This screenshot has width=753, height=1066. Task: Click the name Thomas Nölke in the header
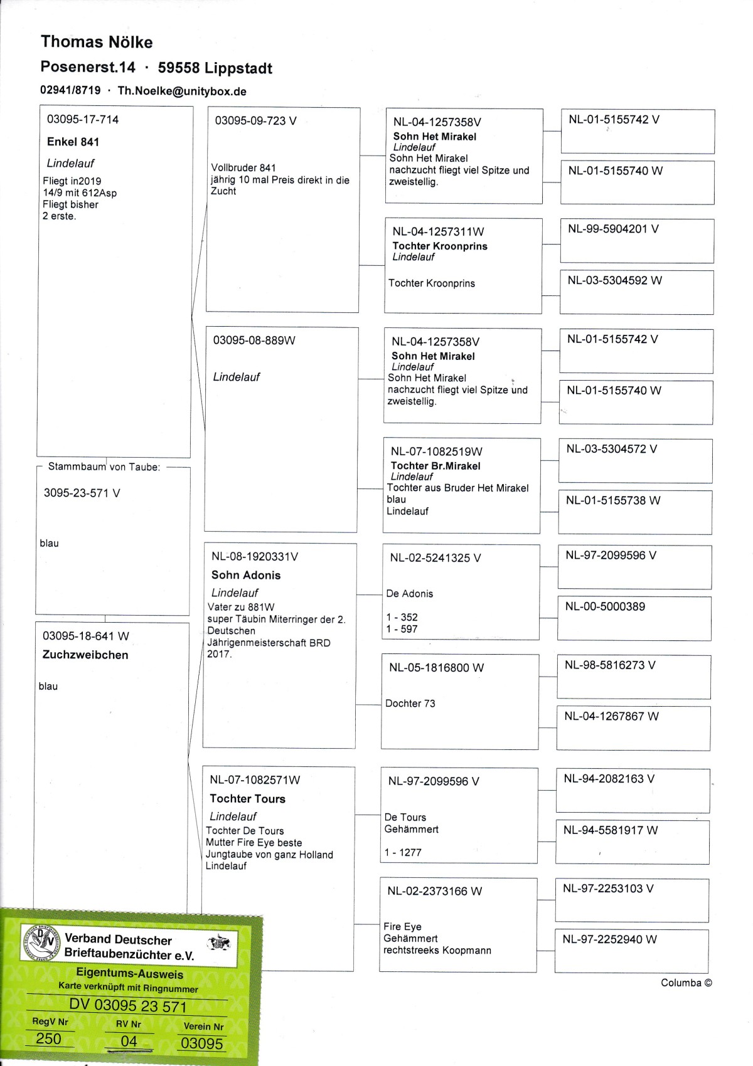tap(97, 42)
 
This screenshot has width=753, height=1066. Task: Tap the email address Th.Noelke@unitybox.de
tap(182, 91)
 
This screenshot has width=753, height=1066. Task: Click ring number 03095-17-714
tap(83, 119)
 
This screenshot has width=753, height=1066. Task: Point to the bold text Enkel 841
tap(73, 142)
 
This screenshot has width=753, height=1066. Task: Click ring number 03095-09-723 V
tap(255, 120)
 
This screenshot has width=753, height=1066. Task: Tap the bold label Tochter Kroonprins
tap(440, 246)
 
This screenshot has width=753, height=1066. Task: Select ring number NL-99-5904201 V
tap(613, 229)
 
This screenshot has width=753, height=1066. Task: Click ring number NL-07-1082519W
tap(436, 451)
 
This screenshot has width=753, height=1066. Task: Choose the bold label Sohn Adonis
tap(246, 575)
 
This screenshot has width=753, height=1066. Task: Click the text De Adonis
tap(409, 593)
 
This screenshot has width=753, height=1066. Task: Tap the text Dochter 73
tap(410, 703)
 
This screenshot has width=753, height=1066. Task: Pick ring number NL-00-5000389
tap(605, 606)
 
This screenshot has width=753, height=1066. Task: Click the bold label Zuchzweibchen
tap(85, 655)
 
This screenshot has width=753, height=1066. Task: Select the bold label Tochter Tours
tap(247, 798)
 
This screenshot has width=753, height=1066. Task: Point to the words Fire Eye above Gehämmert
tap(402, 926)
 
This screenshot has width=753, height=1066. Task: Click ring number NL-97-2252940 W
tap(609, 939)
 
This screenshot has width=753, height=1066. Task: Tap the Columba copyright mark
tap(686, 983)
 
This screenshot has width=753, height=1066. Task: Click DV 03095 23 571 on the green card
tap(128, 1006)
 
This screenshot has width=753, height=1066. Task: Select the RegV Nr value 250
tap(48, 1038)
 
